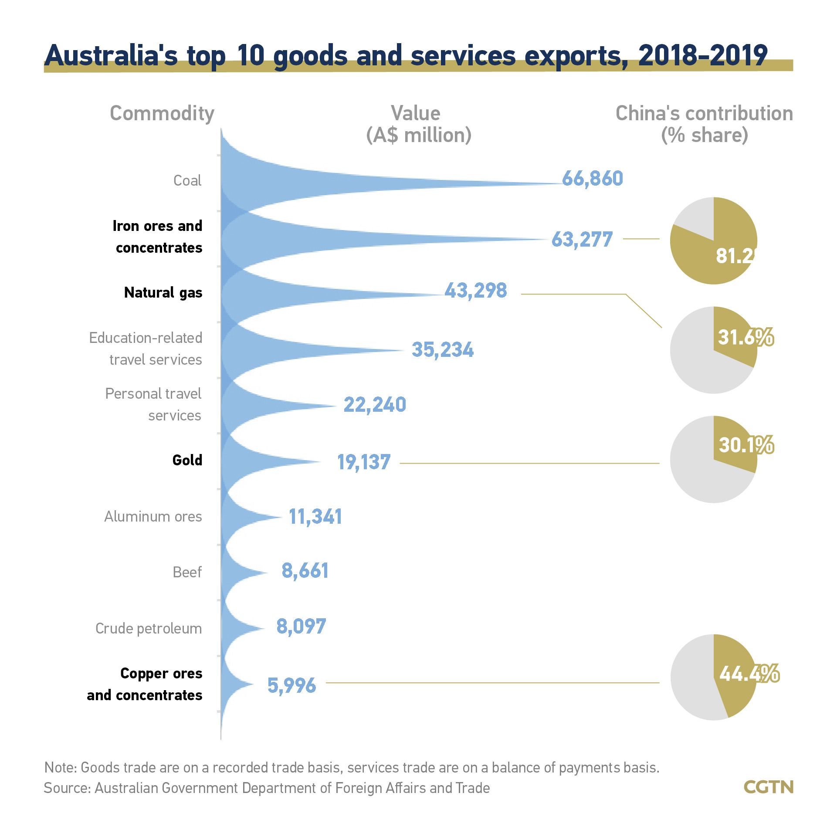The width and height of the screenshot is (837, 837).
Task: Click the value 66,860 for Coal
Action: tap(592, 179)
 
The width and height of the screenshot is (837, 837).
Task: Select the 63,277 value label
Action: tap(582, 240)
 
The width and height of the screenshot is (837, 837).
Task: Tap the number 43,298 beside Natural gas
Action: tap(476, 291)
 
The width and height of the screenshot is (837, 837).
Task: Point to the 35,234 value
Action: tap(443, 350)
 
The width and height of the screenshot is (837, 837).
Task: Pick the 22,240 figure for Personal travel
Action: tap(375, 405)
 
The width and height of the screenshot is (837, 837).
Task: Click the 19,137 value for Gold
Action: tap(364, 462)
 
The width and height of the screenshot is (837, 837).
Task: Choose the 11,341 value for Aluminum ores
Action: tap(315, 517)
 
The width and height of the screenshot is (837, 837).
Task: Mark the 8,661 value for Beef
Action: tap(305, 571)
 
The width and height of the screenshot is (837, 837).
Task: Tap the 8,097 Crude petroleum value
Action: tap(301, 627)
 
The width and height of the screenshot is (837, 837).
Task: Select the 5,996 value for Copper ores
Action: tap(291, 685)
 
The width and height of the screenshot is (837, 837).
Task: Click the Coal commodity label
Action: tap(187, 180)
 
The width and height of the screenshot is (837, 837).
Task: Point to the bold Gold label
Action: tap(187, 460)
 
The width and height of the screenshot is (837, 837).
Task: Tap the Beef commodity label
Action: tap(187, 572)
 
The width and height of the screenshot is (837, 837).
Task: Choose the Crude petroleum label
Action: tap(149, 629)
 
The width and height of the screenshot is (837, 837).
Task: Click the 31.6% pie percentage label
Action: tap(746, 337)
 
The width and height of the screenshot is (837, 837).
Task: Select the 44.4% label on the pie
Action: tap(749, 674)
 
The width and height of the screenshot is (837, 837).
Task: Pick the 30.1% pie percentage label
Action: tap(746, 445)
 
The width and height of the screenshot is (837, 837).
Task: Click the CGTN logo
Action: tap(769, 787)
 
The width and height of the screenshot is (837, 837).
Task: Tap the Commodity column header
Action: tap(162, 113)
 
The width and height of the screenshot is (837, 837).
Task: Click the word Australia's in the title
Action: tap(111, 56)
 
